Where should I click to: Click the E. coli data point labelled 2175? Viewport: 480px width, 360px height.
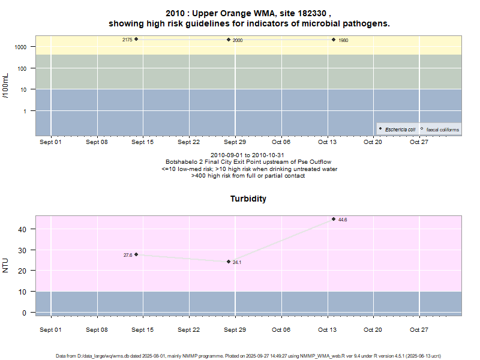(x=136, y=39)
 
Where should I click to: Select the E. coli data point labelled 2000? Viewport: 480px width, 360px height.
(x=229, y=40)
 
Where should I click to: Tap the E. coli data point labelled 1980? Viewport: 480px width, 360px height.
(x=334, y=40)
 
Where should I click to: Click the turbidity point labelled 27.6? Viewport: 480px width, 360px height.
(x=136, y=254)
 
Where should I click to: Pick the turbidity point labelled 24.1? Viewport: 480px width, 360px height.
(x=229, y=262)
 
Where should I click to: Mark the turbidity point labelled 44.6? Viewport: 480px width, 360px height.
(x=334, y=219)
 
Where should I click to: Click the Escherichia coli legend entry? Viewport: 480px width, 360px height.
(x=399, y=129)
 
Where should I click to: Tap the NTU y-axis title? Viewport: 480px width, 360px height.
(x=6, y=265)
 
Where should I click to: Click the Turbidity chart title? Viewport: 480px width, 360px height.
(x=248, y=199)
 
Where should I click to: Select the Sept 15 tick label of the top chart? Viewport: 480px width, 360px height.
(x=143, y=142)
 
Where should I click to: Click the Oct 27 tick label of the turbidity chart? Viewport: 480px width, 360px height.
(x=419, y=329)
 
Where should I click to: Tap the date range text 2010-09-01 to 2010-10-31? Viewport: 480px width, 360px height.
(x=248, y=155)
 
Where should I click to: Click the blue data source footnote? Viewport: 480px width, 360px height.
(x=248, y=356)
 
